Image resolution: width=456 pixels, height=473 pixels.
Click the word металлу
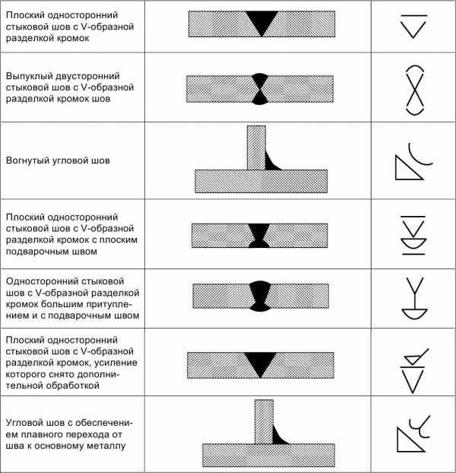pyautogui.click(x=106, y=446)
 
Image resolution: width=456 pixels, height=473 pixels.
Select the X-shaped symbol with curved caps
pyautogui.click(x=415, y=90)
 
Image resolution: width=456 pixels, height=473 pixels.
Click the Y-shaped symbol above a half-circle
pyautogui.click(x=414, y=297)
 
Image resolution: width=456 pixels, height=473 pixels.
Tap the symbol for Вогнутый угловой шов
pyautogui.click(x=413, y=161)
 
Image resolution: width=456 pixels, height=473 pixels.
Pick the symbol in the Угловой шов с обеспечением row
pyautogui.click(x=413, y=434)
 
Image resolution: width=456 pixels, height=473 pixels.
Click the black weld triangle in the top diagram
pyautogui.click(x=261, y=21)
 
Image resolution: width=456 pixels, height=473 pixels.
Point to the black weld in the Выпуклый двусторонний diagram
pyautogui.click(x=259, y=89)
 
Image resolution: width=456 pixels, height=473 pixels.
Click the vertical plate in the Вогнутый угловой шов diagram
pyautogui.click(x=256, y=148)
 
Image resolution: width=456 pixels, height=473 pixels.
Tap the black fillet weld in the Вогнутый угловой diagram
pyautogui.click(x=271, y=163)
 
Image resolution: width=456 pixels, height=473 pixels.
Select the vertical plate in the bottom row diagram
pyautogui.click(x=264, y=422)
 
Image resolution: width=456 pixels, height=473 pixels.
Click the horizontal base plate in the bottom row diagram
pyautogui.click(x=268, y=456)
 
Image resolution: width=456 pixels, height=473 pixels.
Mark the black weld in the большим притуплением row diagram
pyautogui.click(x=259, y=296)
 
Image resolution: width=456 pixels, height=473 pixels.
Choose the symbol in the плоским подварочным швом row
pyautogui.click(x=413, y=235)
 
